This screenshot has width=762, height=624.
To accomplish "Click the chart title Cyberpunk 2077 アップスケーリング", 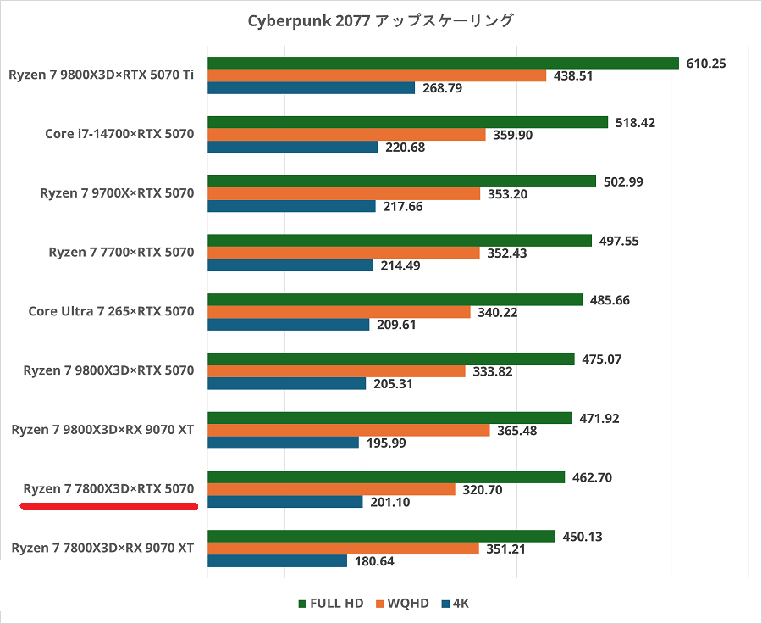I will point(380,20).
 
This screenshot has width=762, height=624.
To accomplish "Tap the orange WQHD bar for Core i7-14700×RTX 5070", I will point(346,135).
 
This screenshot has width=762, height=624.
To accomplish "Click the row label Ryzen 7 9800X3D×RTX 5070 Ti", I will point(102,75).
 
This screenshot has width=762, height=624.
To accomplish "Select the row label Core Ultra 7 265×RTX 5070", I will point(111,311).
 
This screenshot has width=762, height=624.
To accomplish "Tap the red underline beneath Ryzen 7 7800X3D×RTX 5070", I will point(108,507).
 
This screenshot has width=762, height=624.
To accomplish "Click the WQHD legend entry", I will point(403,604).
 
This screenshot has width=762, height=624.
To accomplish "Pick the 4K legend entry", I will point(455,604).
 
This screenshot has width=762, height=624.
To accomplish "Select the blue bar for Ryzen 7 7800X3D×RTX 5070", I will point(285,502).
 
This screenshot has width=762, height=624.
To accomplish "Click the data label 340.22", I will point(501,312).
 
